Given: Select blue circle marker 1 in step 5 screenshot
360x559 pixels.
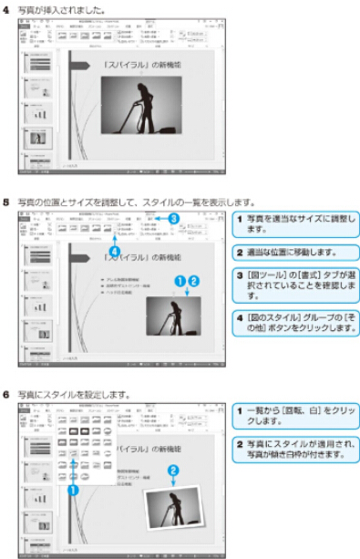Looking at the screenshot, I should pyautogui.click(x=180, y=281).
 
